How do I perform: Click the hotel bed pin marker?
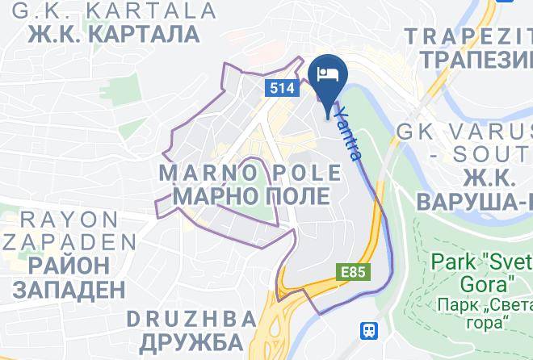[327, 77]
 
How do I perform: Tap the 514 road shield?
[278, 88]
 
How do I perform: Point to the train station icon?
[370, 330]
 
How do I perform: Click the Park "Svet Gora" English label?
[481, 273]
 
